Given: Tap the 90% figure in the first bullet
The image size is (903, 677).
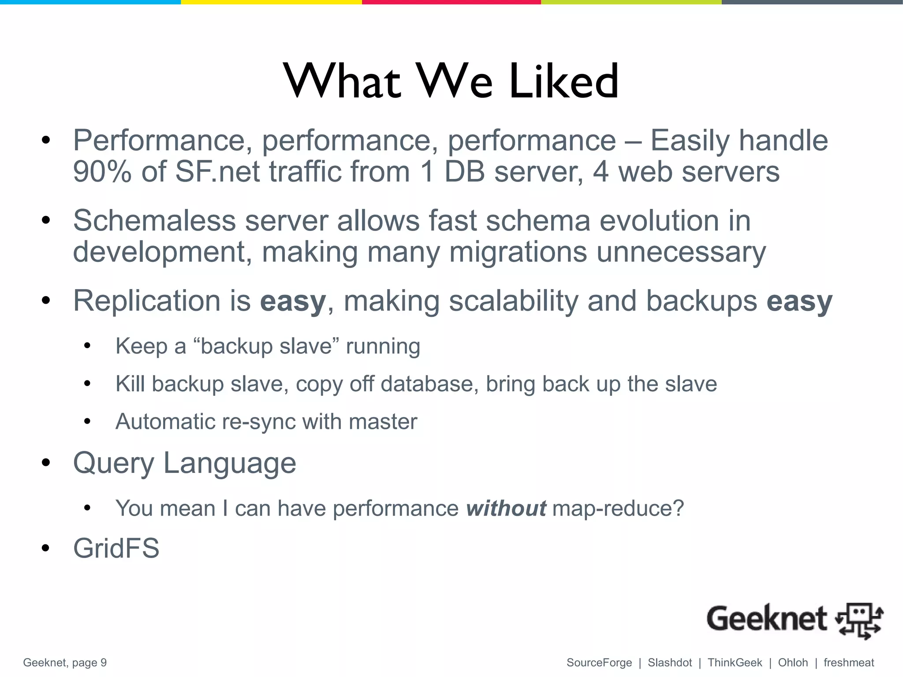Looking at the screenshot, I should (102, 171).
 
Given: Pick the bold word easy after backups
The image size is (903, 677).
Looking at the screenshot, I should (799, 301).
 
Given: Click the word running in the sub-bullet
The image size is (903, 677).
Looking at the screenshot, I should (383, 346).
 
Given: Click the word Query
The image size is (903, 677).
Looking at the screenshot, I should (113, 464).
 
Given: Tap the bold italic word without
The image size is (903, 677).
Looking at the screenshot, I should (506, 509).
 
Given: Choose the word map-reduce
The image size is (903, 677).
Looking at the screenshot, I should (618, 509).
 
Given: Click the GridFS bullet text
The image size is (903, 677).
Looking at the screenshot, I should (116, 549).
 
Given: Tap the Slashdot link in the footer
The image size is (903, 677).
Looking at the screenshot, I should (670, 663).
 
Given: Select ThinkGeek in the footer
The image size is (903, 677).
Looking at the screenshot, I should (735, 663).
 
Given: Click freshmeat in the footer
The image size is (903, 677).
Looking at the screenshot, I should (849, 663).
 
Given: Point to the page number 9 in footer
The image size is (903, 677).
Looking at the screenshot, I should (104, 663).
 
